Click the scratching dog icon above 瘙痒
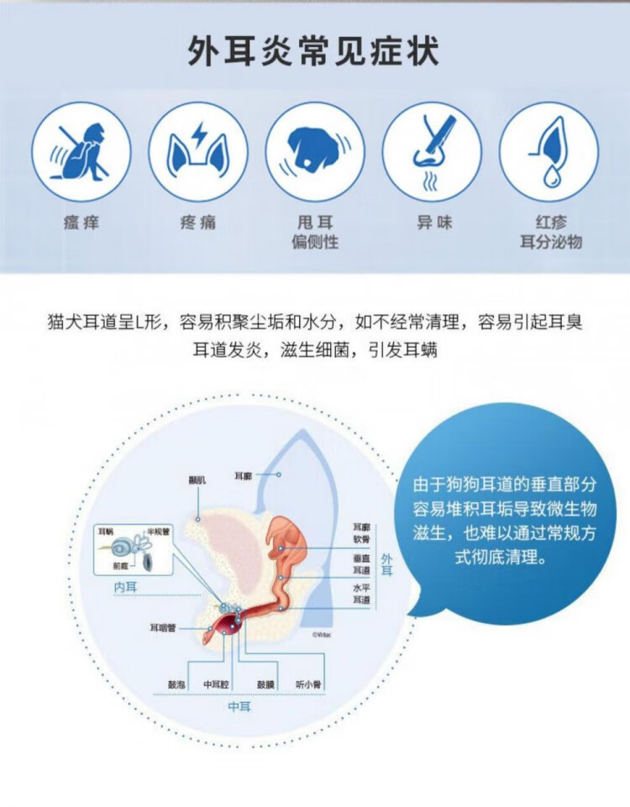click(81, 151)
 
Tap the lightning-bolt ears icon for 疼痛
click(198, 151)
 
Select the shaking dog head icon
click(315, 151)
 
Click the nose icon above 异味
click(432, 151)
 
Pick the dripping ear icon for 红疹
click(549, 151)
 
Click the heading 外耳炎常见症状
click(314, 52)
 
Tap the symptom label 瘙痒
click(81, 223)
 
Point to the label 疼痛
click(198, 223)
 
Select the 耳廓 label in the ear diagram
click(244, 476)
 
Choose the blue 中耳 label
click(239, 707)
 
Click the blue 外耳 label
click(387, 564)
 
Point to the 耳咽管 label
click(162, 627)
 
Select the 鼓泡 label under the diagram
click(176, 684)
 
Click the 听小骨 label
click(309, 684)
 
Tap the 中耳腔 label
click(217, 684)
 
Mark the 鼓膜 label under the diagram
click(265, 684)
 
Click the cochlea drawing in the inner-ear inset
click(119, 547)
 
